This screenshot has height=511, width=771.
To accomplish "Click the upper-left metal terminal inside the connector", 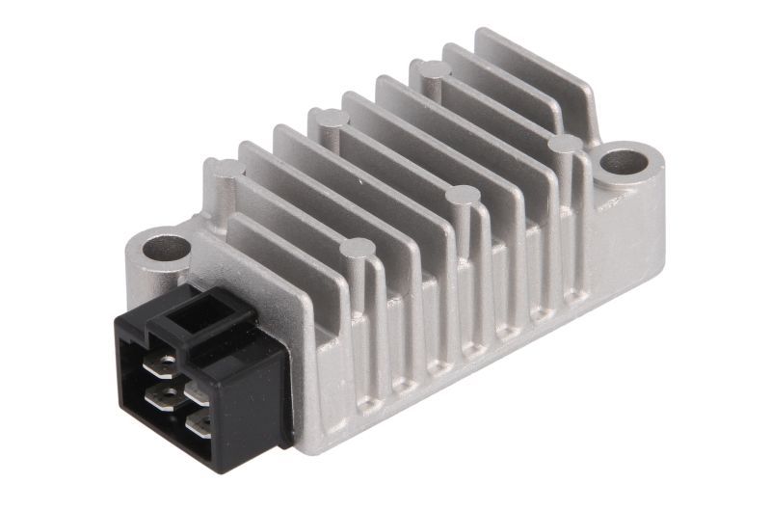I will (165, 364).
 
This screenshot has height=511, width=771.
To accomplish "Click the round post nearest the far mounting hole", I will (566, 147).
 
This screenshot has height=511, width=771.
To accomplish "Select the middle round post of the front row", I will (460, 199).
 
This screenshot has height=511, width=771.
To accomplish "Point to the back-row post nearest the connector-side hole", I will (223, 170).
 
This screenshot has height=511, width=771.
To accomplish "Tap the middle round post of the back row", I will (329, 120).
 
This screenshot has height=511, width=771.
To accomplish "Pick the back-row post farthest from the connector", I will (430, 70).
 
